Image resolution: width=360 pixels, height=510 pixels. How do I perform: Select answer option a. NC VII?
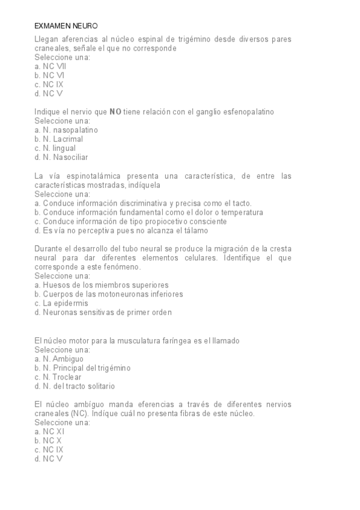[50, 66]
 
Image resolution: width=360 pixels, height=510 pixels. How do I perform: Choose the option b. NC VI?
[49, 75]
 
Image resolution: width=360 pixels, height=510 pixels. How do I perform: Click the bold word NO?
[116, 111]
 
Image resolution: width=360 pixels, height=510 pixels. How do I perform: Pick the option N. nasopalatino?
[66, 129]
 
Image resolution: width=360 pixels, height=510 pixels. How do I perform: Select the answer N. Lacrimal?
[59, 139]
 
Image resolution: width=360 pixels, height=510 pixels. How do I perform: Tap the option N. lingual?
[55, 148]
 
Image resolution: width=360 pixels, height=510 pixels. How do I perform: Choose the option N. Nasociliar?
[61, 157]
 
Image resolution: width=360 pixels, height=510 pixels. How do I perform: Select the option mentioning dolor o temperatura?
[149, 212]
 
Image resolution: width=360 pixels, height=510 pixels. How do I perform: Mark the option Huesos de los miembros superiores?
[102, 284]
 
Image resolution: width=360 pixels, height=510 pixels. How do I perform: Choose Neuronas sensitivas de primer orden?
[103, 312]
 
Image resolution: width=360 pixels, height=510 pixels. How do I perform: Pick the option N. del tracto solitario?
[75, 386]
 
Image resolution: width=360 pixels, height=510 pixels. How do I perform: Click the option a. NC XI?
[49, 431]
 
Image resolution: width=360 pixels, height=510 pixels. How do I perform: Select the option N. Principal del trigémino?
[83, 367]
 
